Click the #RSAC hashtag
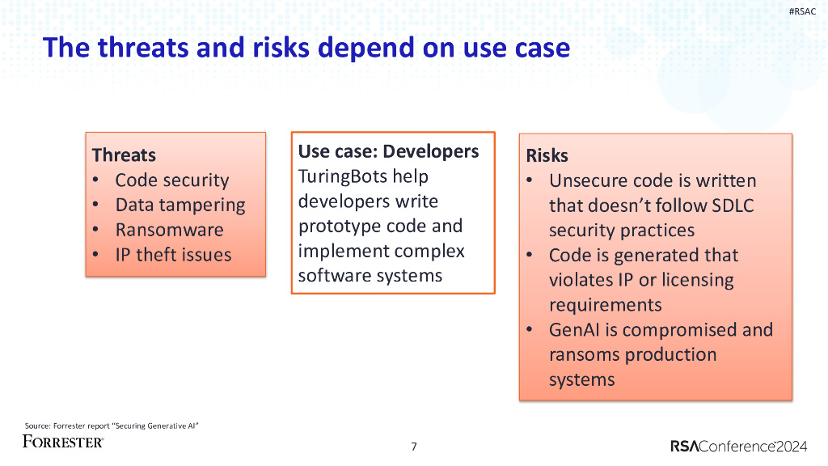[x=802, y=11]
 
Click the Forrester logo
[x=63, y=442]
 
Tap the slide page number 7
[x=414, y=447]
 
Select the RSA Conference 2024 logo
[x=739, y=446]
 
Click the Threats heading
[x=124, y=155]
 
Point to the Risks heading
[x=547, y=155]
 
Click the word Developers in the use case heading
[x=431, y=151]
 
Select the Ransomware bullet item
[x=170, y=230]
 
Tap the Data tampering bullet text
[x=180, y=205]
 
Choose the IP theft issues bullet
[x=173, y=255]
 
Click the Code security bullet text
[x=172, y=180]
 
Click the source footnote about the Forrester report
[x=112, y=426]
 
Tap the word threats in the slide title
[x=143, y=47]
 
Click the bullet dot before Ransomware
[x=95, y=230]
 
